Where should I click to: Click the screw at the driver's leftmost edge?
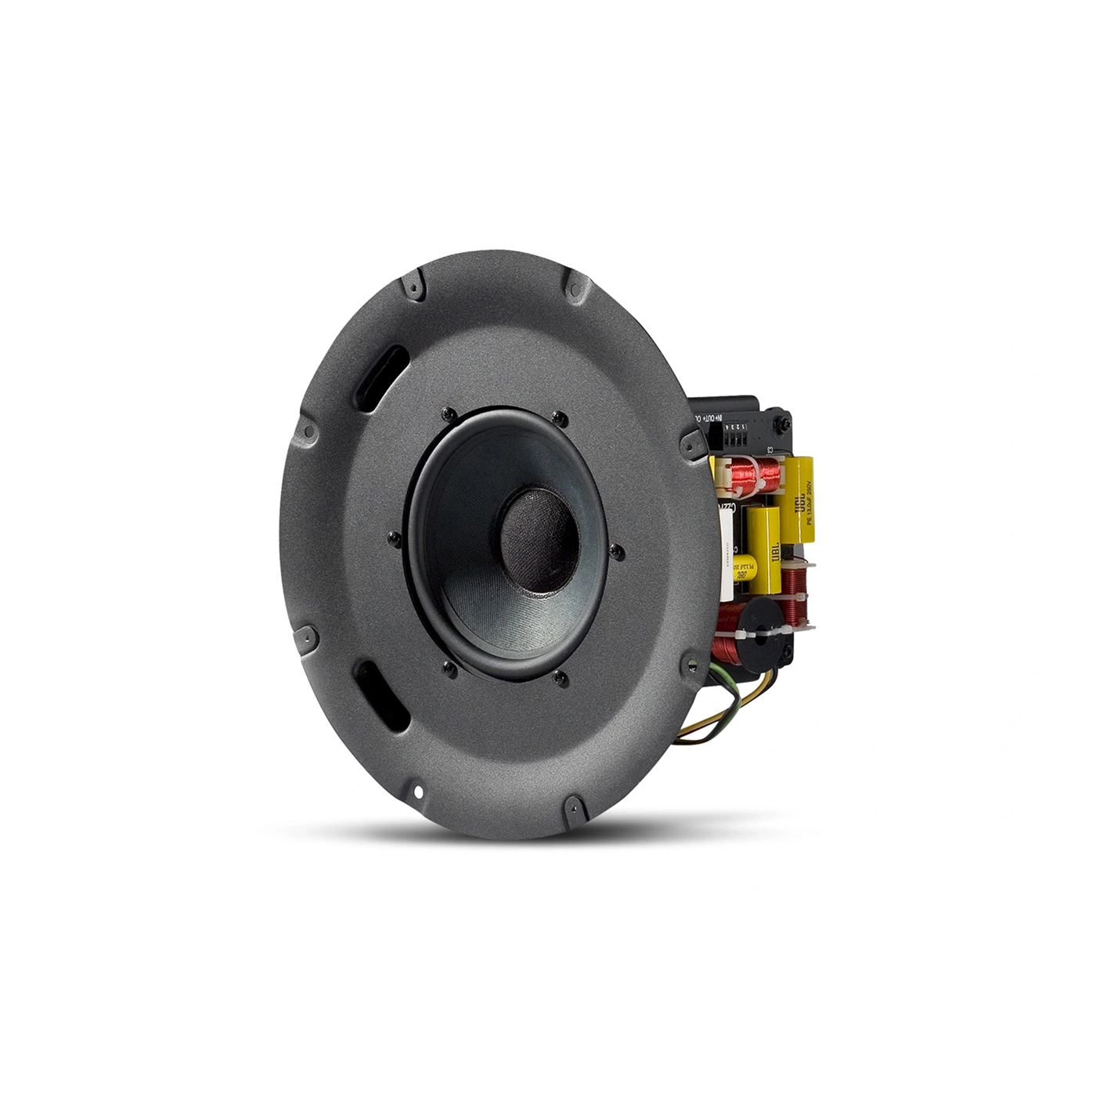click(x=393, y=537)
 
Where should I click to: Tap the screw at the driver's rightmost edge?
click(x=618, y=552)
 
